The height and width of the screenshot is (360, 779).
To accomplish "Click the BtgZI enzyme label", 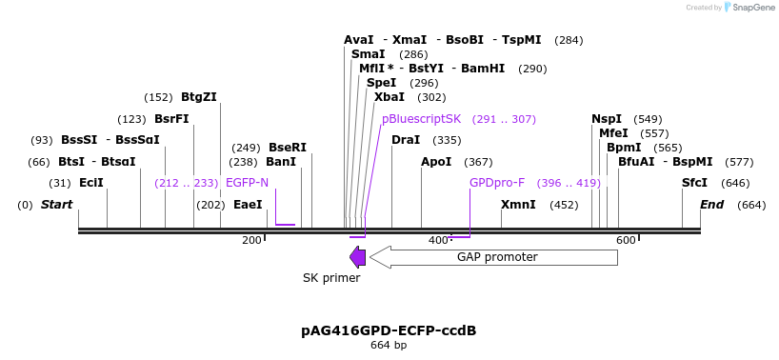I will (x=198, y=97).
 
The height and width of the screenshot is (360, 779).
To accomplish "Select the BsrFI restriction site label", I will (x=171, y=119).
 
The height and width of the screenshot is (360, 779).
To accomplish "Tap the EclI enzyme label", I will (x=91, y=183).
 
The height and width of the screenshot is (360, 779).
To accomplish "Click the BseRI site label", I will (x=287, y=148).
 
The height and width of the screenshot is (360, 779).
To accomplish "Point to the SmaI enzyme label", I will (x=368, y=54).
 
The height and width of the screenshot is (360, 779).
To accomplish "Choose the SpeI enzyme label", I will (x=381, y=83).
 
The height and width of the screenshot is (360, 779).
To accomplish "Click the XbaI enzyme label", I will (x=389, y=97).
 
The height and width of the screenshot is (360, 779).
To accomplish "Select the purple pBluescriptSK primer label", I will (x=421, y=119).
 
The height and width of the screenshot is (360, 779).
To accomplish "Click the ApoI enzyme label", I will (x=436, y=162).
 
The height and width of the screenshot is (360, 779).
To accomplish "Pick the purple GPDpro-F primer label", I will (x=497, y=183).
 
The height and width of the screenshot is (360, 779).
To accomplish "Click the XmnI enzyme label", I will (x=518, y=205).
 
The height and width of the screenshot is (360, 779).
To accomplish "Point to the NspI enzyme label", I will (x=607, y=119).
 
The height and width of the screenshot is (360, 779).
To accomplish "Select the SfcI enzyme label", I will (x=694, y=183).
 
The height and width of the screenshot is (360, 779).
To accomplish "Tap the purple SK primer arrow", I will (x=358, y=257).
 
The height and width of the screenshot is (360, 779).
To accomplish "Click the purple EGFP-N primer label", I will (x=247, y=183).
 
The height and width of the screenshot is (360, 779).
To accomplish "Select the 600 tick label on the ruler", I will (x=626, y=240).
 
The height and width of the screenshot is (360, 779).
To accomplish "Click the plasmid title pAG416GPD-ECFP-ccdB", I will (x=389, y=330).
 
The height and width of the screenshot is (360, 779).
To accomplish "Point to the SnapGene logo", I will (x=749, y=8).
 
